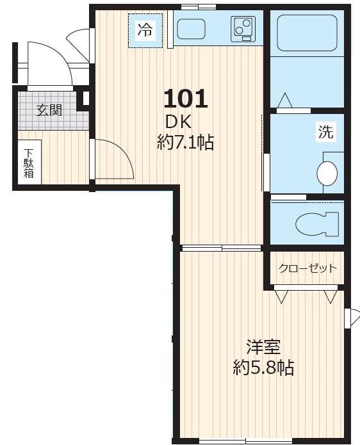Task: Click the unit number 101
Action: (186, 99)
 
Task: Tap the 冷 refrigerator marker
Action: (145, 29)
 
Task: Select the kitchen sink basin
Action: (191, 29)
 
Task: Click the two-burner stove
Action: (243, 29)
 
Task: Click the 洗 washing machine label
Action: (326, 133)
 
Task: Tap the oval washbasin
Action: (327, 174)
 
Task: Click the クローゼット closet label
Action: (307, 268)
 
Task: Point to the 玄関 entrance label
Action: (49, 110)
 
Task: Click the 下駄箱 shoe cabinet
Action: (29, 163)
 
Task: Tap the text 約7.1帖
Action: (186, 142)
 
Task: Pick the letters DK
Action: (179, 121)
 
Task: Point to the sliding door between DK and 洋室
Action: (221, 248)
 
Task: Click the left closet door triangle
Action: (281, 296)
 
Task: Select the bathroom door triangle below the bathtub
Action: (284, 101)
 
